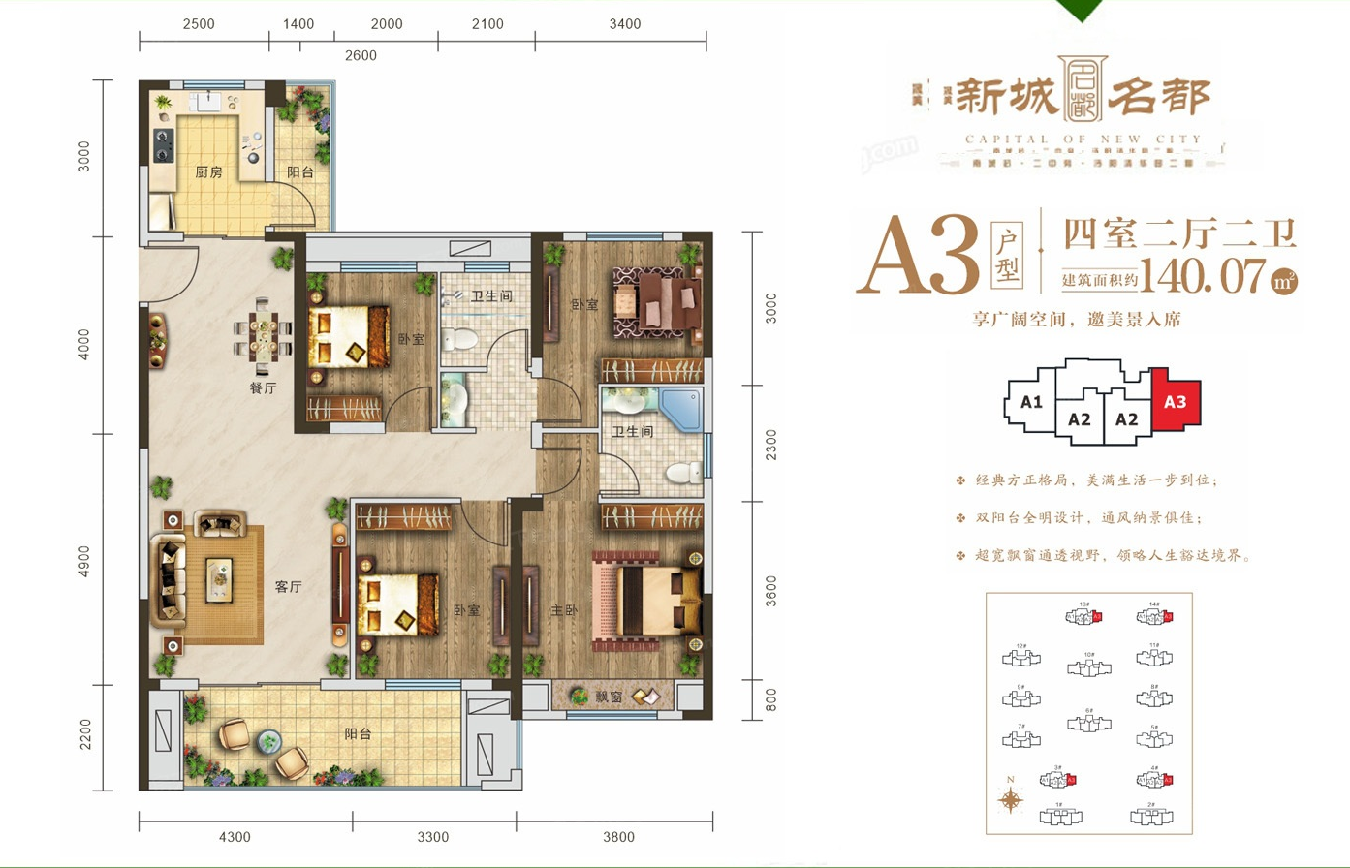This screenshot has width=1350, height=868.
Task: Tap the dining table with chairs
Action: (263, 339)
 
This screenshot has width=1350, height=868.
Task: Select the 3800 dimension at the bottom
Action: (617, 837)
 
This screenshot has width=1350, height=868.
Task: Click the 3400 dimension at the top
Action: (625, 24)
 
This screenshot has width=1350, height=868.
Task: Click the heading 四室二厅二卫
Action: (1179, 233)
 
